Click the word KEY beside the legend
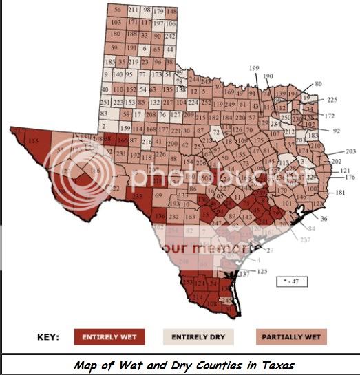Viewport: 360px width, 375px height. [47, 337]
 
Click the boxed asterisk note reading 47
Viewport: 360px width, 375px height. [292, 281]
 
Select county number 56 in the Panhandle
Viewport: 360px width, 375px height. [118, 10]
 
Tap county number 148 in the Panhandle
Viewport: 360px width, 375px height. [171, 12]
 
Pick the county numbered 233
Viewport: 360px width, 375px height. [138, 197]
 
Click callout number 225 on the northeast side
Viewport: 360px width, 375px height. [332, 99]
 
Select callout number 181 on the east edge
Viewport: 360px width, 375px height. [339, 193]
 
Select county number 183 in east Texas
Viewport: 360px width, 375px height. [313, 136]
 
